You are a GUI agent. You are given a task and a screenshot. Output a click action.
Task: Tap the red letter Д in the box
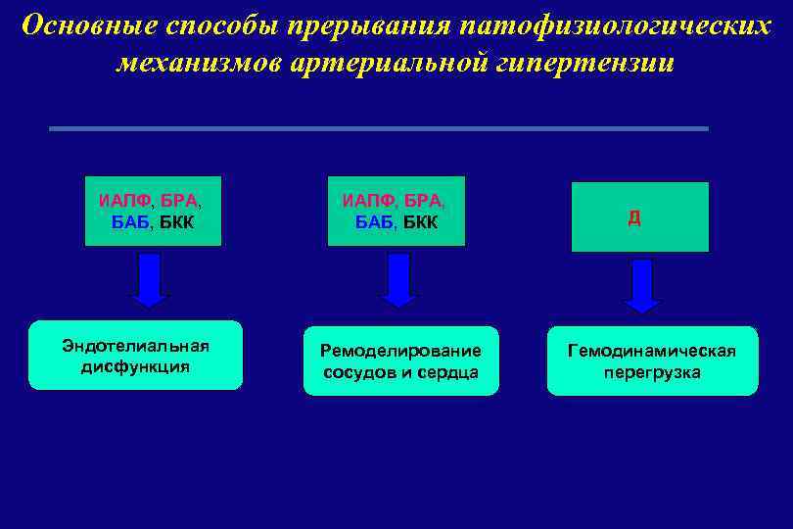[634, 217]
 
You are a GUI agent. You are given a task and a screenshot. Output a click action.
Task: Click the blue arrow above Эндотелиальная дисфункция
[149, 279]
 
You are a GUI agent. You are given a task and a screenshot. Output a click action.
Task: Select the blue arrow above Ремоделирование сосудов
[397, 279]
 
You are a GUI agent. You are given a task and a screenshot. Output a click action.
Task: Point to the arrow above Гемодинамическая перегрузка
[642, 285]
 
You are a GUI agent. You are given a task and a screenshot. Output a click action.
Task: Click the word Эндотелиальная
[136, 346]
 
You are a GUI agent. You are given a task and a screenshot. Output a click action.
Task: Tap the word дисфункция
[136, 367]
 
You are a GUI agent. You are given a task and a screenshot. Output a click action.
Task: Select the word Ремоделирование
[401, 351]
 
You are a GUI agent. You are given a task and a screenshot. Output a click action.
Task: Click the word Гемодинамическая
[652, 351]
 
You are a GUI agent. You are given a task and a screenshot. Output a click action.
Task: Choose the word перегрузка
[652, 372]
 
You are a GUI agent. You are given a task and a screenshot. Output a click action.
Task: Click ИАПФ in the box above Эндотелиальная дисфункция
[123, 201]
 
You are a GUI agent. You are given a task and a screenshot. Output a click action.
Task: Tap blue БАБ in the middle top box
[373, 223]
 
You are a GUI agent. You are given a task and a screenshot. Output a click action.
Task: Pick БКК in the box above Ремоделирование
[419, 223]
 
